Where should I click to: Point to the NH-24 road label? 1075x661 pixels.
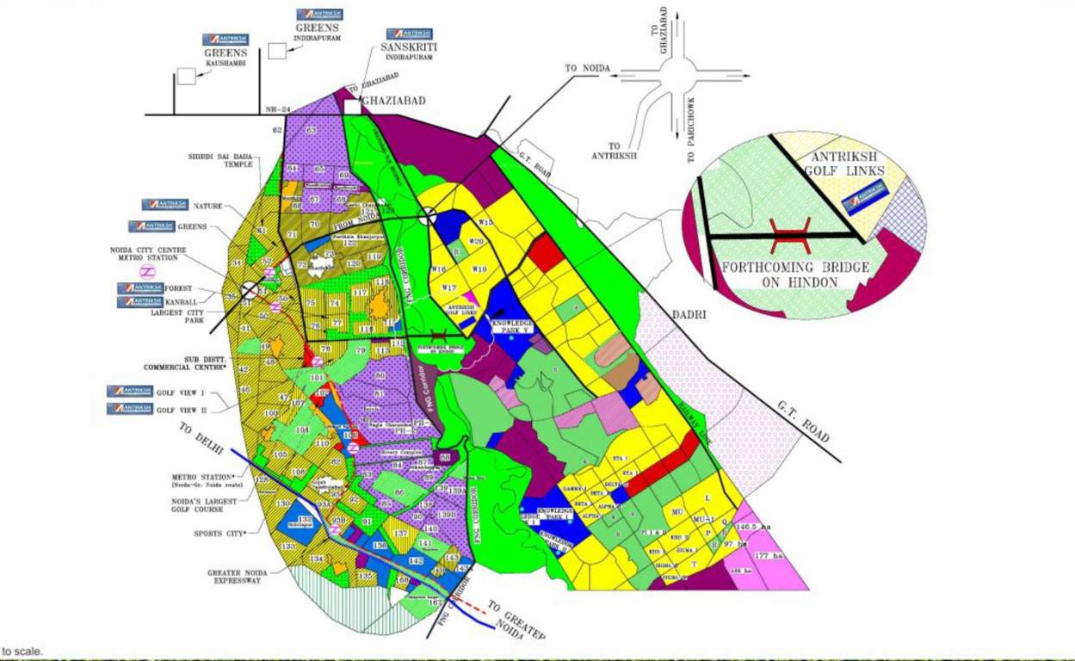tap(275, 109)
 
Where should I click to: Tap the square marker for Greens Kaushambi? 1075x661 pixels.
tap(186, 76)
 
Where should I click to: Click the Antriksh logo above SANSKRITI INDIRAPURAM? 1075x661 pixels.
tap(410, 34)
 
